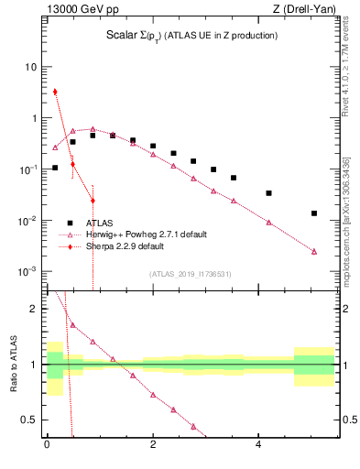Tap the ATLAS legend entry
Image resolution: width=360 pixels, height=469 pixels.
100,223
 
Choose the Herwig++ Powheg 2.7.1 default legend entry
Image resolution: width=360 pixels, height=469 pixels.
138,234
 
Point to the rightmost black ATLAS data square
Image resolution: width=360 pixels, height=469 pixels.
314,213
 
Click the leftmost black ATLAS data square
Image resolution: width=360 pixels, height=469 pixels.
55,168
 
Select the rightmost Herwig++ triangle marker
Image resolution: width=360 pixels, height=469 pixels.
314,251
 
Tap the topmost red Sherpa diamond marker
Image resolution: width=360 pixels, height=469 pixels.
55,92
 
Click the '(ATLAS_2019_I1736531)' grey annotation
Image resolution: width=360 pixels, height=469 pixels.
191,274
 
